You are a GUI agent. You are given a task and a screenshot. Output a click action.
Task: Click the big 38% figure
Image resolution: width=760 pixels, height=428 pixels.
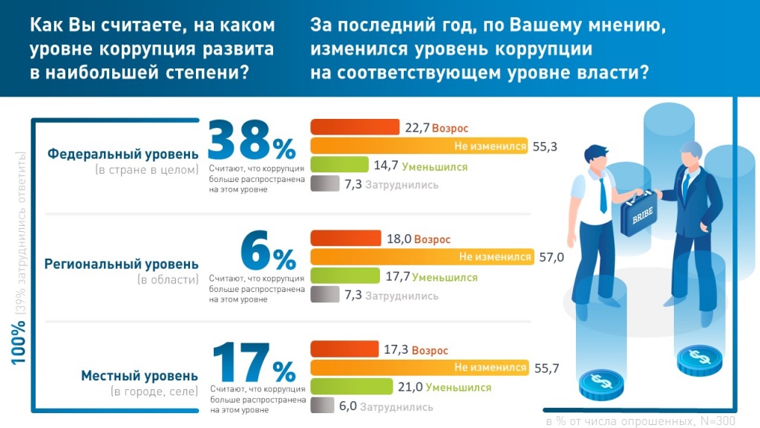pos(252,140)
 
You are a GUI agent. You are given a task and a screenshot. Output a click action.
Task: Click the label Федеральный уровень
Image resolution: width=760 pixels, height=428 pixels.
pos(123,155)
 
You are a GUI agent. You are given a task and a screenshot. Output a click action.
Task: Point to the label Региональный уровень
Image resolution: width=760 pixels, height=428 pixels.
pos(122,264)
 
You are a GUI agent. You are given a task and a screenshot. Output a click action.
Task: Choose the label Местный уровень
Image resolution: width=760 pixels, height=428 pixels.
pos(140,375)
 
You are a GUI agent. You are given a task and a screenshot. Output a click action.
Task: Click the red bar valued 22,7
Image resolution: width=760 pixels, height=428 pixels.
pos(355,128)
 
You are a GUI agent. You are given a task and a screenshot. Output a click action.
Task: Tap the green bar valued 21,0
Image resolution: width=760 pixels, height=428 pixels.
pos(351,386)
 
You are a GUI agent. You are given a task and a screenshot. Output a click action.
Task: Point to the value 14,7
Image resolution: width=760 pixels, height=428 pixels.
pos(385,166)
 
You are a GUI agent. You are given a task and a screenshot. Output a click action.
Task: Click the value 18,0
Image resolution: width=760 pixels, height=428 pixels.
pos(399,239)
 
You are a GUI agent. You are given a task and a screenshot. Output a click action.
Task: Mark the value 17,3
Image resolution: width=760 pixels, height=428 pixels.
pos(397,349)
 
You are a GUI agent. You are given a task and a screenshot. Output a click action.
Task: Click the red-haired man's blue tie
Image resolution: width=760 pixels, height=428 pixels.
pos(601,192)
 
